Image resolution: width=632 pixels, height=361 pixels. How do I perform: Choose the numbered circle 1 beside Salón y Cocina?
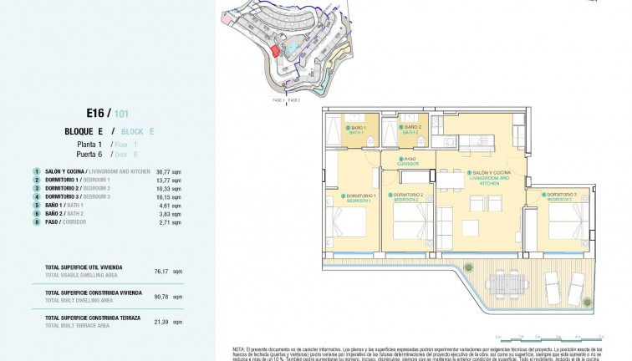pyautogui.click(x=37, y=171)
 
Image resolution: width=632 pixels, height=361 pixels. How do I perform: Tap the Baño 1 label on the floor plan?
pyautogui.click(x=359, y=129)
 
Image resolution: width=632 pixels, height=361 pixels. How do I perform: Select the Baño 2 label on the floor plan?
pyautogui.click(x=410, y=130)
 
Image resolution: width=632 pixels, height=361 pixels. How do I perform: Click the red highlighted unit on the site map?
pyautogui.click(x=273, y=51)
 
